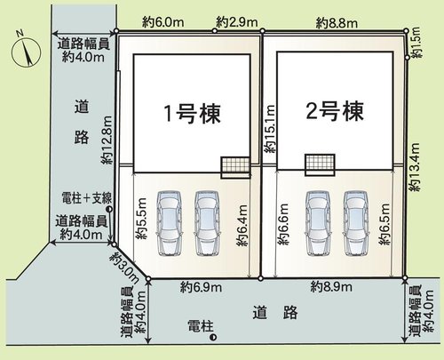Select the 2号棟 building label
tap(335, 112)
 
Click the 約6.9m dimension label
tap(202, 286)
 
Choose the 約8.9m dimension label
tap(333, 286)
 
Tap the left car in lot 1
tap(166, 222)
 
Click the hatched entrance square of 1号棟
tap(234, 167)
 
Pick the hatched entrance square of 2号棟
tap(319, 165)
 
